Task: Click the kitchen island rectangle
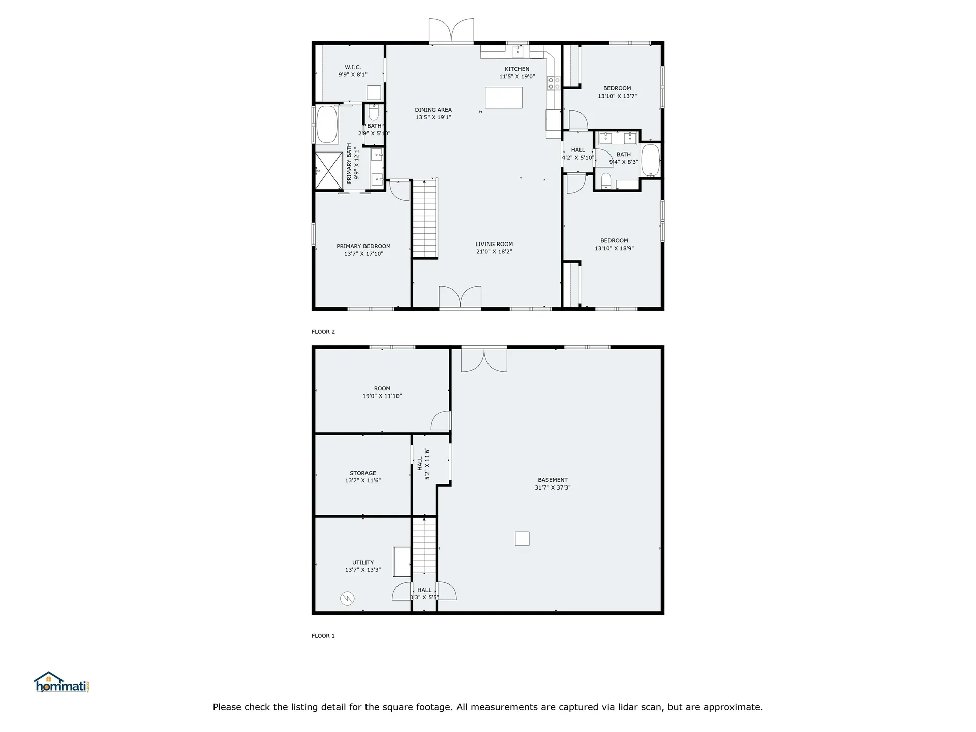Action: click(x=503, y=98)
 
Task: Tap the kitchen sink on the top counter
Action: click(x=517, y=51)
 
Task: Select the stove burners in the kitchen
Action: click(x=554, y=84)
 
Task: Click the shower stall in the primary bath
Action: click(x=328, y=171)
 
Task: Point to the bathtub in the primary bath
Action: click(x=327, y=125)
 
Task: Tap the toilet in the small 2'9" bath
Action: click(x=374, y=112)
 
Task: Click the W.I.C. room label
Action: click(x=353, y=67)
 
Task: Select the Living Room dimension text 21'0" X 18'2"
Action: click(x=494, y=252)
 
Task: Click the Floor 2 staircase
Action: click(x=425, y=219)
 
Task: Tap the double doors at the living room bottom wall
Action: click(x=460, y=297)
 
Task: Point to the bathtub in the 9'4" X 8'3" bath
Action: click(x=650, y=160)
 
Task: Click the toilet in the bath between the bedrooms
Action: click(x=605, y=181)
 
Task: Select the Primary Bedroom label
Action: click(x=363, y=246)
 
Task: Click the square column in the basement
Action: click(x=522, y=539)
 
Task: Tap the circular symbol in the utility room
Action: click(x=347, y=598)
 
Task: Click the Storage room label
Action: click(x=363, y=473)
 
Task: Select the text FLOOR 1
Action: click(x=323, y=636)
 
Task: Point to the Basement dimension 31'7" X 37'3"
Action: click(x=553, y=487)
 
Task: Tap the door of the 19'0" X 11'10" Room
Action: click(x=441, y=421)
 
